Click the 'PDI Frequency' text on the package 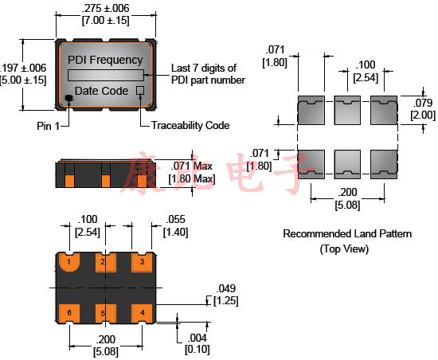(x=105, y=59)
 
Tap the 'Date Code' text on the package (x=101, y=91)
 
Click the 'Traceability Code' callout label (x=185, y=126)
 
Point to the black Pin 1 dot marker (x=68, y=98)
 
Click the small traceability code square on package (x=140, y=91)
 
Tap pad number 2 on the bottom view (x=102, y=262)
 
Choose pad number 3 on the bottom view (x=142, y=262)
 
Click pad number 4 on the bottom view (x=142, y=312)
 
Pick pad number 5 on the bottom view (x=102, y=312)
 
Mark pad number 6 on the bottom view (x=69, y=312)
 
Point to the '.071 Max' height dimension (x=192, y=166)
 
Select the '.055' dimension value (x=175, y=220)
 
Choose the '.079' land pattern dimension (x=423, y=104)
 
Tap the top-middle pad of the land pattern (x=346, y=110)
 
